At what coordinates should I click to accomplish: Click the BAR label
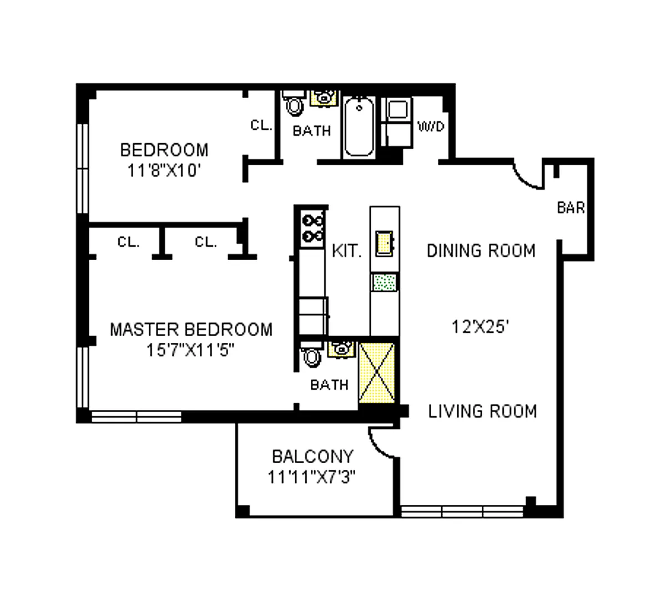pyautogui.click(x=571, y=207)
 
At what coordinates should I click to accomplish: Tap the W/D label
pyautogui.click(x=431, y=126)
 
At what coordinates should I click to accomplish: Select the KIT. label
pyautogui.click(x=347, y=251)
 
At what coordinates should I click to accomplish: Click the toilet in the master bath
pyautogui.click(x=311, y=354)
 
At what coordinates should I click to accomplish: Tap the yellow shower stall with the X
pyautogui.click(x=377, y=373)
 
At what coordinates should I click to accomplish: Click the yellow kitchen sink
pyautogui.click(x=385, y=244)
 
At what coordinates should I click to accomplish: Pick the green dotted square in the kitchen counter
pyautogui.click(x=385, y=282)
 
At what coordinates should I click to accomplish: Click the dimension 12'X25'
pyautogui.click(x=480, y=327)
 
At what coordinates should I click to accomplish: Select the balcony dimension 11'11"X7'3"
pyautogui.click(x=311, y=477)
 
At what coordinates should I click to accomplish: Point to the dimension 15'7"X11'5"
pyautogui.click(x=190, y=350)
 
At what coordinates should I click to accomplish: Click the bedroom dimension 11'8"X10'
pyautogui.click(x=164, y=170)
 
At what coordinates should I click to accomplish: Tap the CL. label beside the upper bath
pyautogui.click(x=261, y=125)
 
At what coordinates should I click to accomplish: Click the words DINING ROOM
pyautogui.click(x=481, y=251)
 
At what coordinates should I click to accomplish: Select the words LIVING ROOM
pyautogui.click(x=482, y=411)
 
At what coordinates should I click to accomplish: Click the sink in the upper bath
pyautogui.click(x=324, y=98)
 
